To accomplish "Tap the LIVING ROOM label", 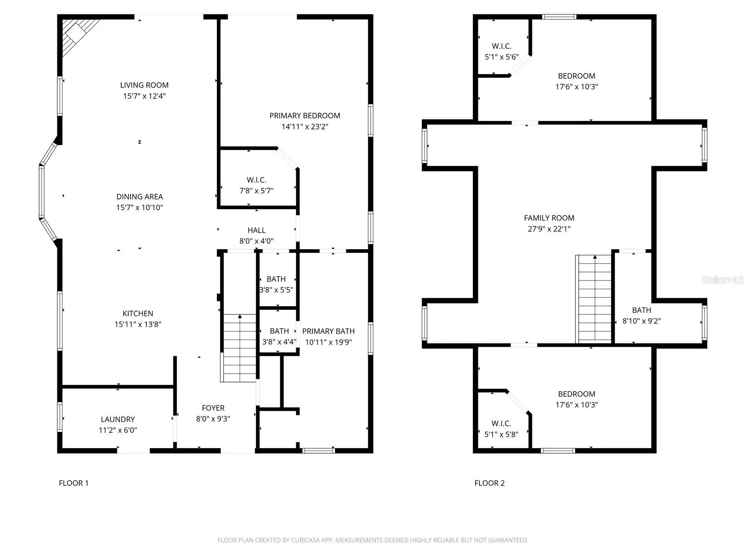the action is (144, 85).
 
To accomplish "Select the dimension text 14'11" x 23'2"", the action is (304, 127).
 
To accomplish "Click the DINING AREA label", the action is (139, 197).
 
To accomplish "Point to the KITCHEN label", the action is (138, 313).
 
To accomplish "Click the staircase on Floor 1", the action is (239, 348).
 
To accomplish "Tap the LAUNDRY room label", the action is (117, 419).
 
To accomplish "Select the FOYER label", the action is (213, 408).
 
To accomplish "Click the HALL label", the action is (256, 230).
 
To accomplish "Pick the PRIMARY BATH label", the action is (328, 331).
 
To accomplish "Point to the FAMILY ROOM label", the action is (549, 218).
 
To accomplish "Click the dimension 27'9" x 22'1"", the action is (549, 229).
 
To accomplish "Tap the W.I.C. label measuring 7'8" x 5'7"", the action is (256, 180).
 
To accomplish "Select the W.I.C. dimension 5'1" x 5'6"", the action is (502, 57).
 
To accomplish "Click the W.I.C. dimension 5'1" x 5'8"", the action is (501, 435).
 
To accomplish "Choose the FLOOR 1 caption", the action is (73, 483).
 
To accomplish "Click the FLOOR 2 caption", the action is (490, 483).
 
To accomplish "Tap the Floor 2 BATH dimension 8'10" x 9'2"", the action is (641, 321).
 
